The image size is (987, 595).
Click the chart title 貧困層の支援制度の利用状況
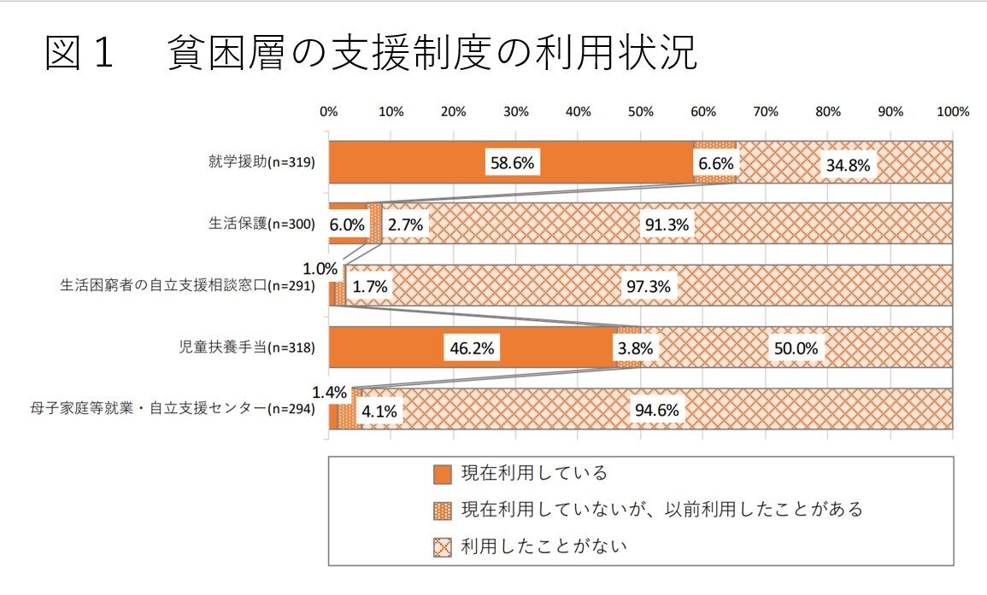coord(432,53)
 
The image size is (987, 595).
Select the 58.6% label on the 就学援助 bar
coord(512,162)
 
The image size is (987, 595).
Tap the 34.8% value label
coord(846,165)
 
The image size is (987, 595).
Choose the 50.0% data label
coord(795,348)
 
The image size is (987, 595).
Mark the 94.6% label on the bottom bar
coord(656,411)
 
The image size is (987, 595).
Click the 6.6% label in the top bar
coord(715,162)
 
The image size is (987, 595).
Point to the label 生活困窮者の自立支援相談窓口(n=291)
coord(188,286)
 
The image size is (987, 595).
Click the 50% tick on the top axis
coord(640,111)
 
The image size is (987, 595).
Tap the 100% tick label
coord(952,111)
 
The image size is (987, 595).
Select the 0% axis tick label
coord(329,111)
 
